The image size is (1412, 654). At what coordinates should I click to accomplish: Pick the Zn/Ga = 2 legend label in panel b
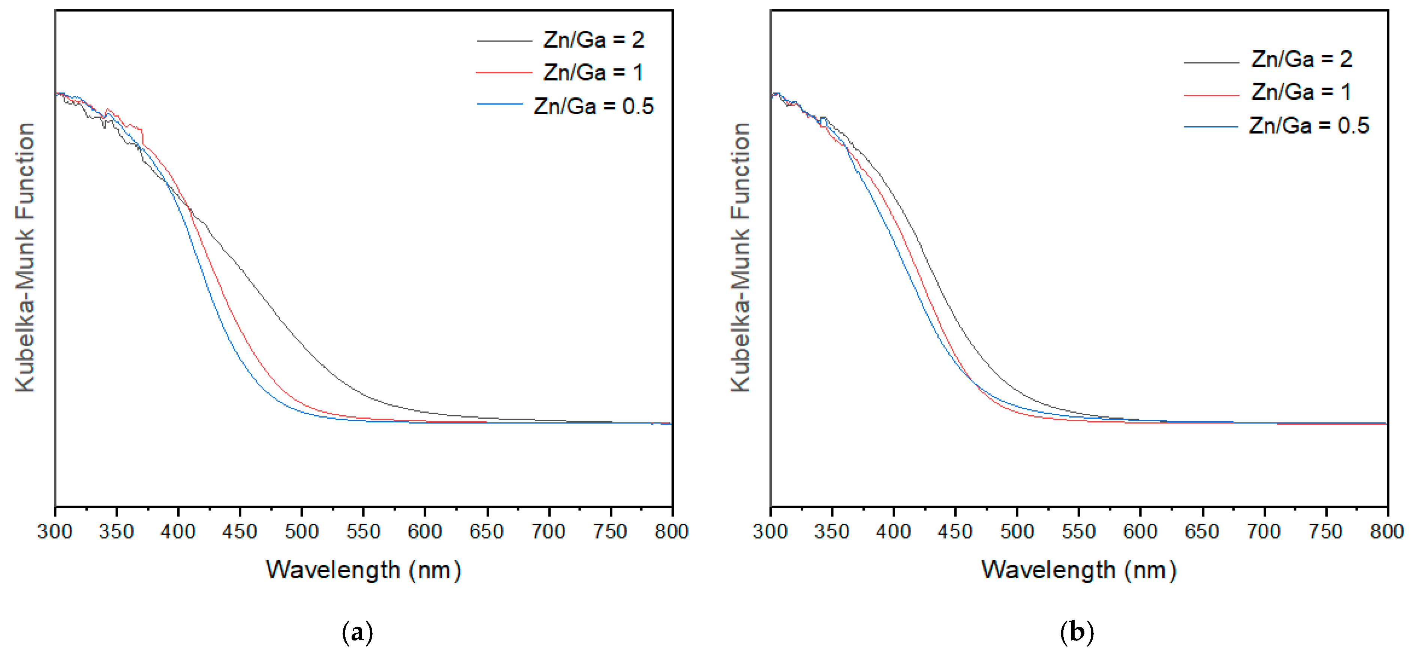[x=1301, y=59]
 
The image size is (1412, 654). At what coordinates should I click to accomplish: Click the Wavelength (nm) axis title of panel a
[x=364, y=570]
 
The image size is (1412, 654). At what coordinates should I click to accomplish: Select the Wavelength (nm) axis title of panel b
[x=1079, y=570]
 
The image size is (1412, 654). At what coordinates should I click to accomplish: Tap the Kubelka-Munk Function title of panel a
[x=25, y=257]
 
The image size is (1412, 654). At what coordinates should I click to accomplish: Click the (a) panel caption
[x=357, y=632]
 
